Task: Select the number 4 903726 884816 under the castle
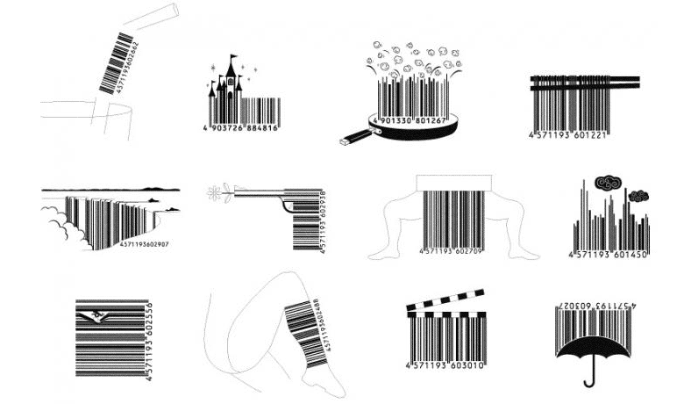pyautogui.click(x=242, y=128)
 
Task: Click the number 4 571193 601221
pyautogui.click(x=569, y=135)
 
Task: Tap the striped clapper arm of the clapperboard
pyautogui.click(x=446, y=300)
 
